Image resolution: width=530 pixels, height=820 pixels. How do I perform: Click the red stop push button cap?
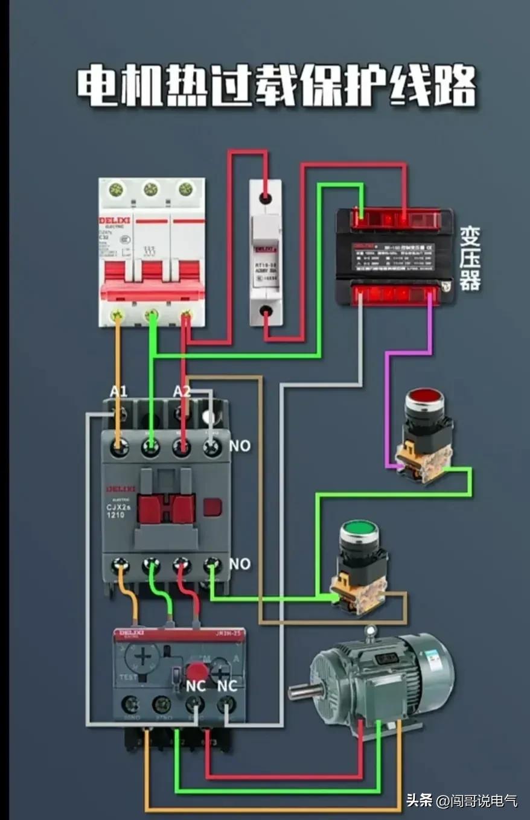[424, 399]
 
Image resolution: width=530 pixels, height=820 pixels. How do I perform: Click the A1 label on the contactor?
[119, 392]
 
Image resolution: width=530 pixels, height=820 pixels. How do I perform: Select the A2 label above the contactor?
[182, 392]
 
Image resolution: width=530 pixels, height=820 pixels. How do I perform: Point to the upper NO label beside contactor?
[240, 446]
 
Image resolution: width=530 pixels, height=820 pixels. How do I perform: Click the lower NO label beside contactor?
[240, 564]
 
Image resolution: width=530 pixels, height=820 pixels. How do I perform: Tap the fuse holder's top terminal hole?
[264, 197]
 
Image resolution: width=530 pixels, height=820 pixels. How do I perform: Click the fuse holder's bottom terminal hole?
[264, 311]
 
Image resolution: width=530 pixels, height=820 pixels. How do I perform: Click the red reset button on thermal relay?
[196, 671]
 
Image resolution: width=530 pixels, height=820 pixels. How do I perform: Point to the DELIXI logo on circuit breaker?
[115, 221]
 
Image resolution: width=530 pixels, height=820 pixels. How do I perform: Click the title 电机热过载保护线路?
[276, 86]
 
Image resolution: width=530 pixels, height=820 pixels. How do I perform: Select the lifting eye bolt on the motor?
[370, 632]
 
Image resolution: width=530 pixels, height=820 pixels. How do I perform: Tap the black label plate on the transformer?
[394, 256]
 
